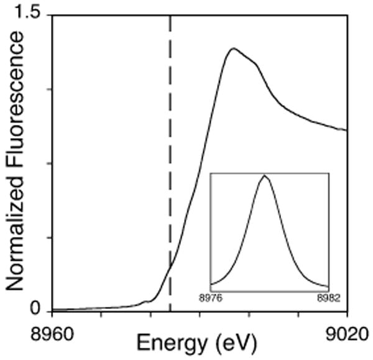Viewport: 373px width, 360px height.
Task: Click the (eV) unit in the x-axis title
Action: point(228,343)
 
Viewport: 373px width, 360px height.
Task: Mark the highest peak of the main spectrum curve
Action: point(233,48)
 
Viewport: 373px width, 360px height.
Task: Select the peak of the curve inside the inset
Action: point(265,176)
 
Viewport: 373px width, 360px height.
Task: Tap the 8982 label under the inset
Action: point(327,297)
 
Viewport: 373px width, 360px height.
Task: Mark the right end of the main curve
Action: point(346,131)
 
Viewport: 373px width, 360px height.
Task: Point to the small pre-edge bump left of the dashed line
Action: point(147,302)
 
